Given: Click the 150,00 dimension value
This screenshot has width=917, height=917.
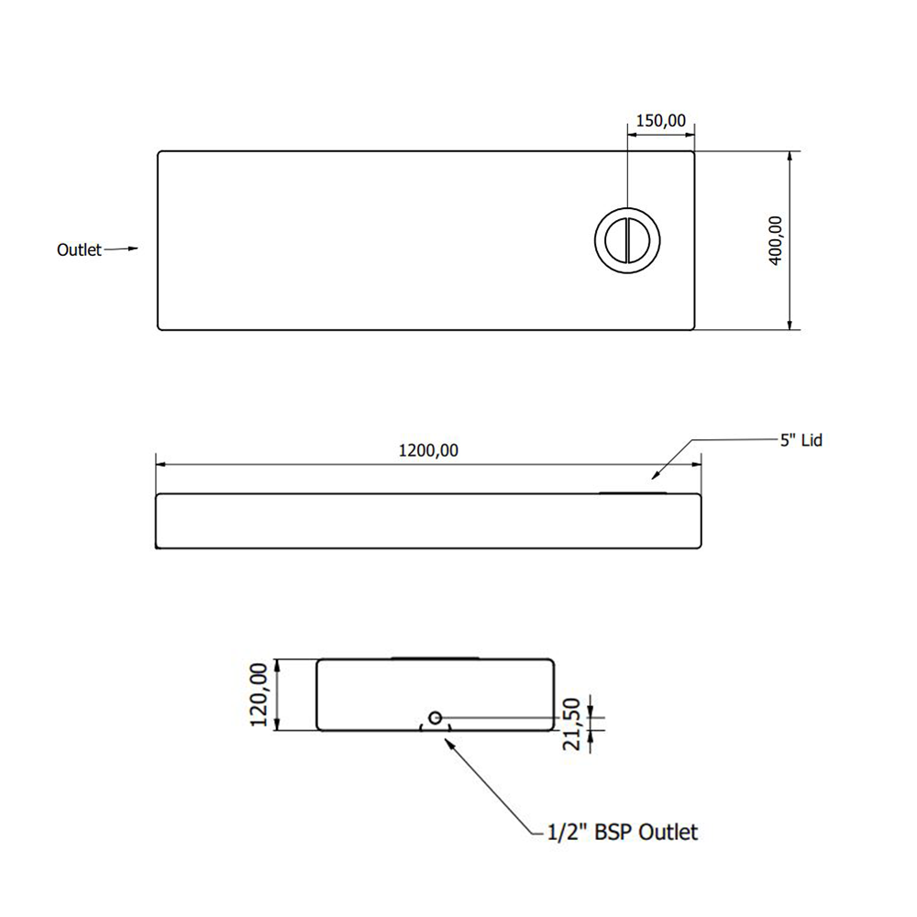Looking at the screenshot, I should (x=660, y=120).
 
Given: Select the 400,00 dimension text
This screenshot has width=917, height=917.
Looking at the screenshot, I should (x=776, y=240).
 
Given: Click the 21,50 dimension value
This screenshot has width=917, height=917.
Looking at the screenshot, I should (x=572, y=724).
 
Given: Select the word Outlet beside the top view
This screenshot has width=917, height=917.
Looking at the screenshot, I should (x=79, y=249).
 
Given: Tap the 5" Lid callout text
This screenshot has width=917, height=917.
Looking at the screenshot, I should (x=801, y=441).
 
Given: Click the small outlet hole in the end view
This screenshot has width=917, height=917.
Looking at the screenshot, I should (x=436, y=717).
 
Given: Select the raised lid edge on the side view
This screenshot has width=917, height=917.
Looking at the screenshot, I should (x=634, y=492).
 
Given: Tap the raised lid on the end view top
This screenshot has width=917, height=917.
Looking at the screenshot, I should (x=435, y=657).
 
